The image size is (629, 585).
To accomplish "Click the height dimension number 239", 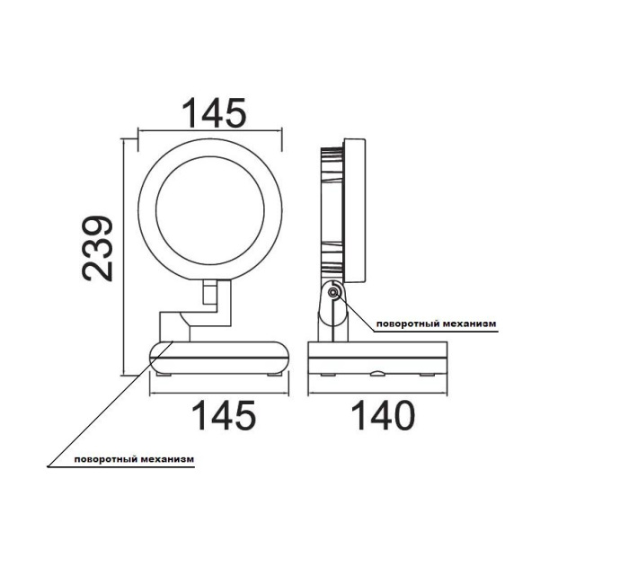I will [x=98, y=249].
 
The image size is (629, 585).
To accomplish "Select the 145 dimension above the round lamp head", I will [x=215, y=114].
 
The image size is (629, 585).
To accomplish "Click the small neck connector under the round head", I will [x=210, y=293].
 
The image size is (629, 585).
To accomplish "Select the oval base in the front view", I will [x=219, y=357].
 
